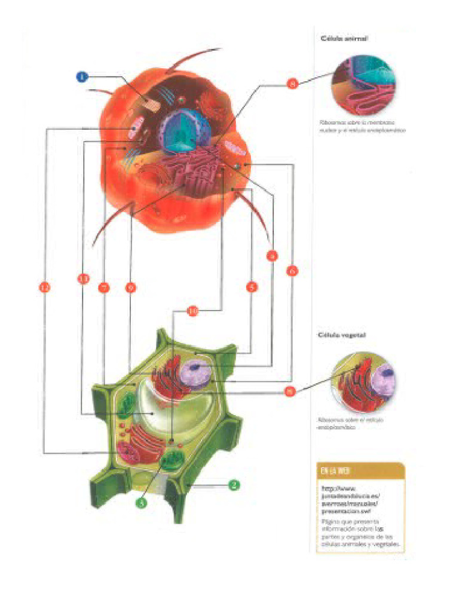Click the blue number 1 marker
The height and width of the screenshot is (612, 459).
(82, 76)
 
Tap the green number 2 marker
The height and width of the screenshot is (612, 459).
(235, 485)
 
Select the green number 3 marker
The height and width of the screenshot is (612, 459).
(142, 503)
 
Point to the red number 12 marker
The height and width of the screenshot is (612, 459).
(45, 287)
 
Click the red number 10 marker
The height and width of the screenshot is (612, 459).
(192, 311)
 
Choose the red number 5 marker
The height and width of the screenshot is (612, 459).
(252, 287)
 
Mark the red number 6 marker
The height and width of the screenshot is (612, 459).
(292, 271)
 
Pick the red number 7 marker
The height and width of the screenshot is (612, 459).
(104, 287)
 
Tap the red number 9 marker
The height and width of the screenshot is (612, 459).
(272, 255)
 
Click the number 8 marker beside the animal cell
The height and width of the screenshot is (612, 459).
(292, 84)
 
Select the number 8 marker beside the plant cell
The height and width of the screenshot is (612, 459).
(290, 391)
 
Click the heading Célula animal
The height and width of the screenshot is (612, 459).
(344, 38)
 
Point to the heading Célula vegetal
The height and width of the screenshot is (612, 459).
(342, 335)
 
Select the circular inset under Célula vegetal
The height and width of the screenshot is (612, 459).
(363, 382)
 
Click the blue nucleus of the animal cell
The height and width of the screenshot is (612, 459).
(182, 130)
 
